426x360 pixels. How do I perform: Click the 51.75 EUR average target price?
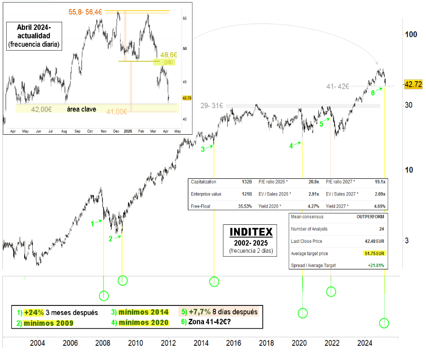(375, 254)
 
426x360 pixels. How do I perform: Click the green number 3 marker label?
(203, 149)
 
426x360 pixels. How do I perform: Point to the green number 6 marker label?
(373, 93)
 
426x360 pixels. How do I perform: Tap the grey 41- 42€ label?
(338, 86)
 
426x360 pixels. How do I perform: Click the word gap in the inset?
(168, 62)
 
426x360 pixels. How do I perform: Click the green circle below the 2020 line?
(303, 313)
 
